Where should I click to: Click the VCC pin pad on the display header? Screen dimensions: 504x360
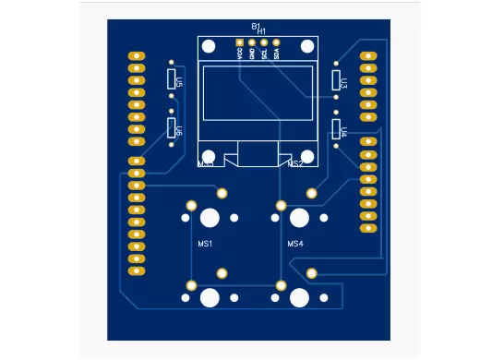240,43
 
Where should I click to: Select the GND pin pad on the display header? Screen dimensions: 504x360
252,43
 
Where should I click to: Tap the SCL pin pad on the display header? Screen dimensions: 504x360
264,43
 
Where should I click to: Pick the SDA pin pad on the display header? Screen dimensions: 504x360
276,43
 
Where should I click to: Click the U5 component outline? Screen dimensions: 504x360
172,79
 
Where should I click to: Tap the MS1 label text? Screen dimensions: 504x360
206,244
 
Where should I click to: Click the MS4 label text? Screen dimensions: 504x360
294,244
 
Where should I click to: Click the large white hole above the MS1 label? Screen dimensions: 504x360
210,219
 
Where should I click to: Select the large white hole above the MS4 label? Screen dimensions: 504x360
299,219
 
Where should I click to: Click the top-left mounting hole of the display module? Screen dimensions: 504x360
210,47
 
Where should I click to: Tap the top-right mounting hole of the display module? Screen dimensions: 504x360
304,47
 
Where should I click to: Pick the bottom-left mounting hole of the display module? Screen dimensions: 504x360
210,157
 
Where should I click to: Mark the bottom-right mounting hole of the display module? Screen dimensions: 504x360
304,157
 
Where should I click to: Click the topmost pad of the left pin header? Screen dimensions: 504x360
137,56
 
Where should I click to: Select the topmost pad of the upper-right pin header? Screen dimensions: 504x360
368,56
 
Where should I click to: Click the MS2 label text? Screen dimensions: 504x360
294,164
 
